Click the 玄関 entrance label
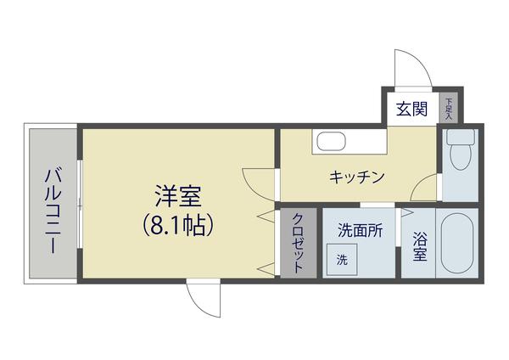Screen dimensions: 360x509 pos(411,108)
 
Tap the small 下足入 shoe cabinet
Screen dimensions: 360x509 pos(448,108)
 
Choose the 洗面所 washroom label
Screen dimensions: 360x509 pos(360,229)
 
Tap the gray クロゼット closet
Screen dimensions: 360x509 pos(298,243)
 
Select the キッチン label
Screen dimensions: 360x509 pos(357,177)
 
